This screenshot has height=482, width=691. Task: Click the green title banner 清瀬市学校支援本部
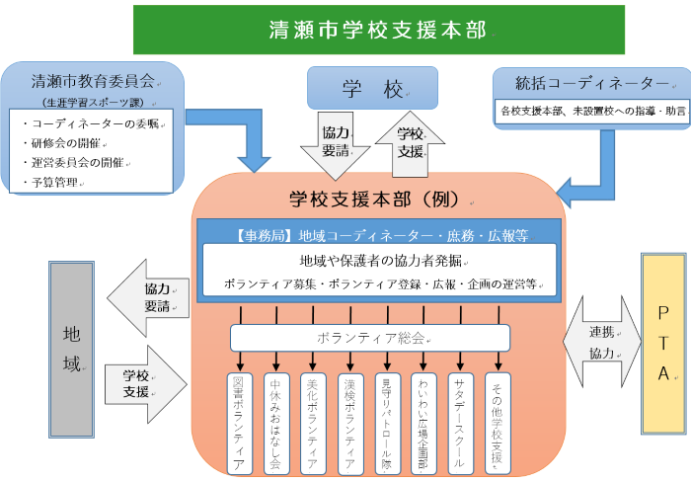pos(378,30)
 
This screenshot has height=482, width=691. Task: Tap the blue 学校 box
pos(372,89)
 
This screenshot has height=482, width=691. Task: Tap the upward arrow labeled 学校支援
pos(411,142)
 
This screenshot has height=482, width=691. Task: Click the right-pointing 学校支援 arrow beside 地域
pos(146,383)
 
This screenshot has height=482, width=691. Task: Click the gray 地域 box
pos(71,362)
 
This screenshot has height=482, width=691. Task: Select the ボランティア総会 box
pos(371,338)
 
